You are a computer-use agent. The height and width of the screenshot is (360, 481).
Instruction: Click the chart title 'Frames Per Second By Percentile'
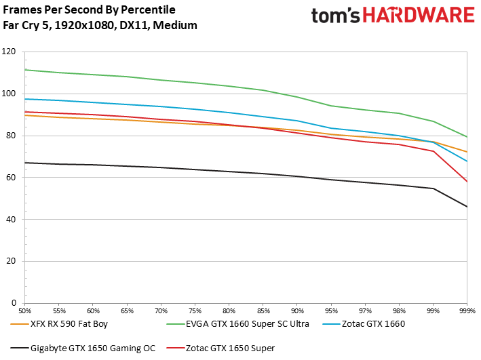[x=90, y=10]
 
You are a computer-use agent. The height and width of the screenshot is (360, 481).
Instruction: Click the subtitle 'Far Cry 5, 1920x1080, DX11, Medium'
[x=100, y=26]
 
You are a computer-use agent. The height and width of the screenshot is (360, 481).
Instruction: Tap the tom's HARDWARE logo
[x=393, y=16]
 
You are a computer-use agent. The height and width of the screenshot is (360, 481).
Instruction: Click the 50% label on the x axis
[x=25, y=310]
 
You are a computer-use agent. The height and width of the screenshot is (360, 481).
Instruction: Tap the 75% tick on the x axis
[x=195, y=310]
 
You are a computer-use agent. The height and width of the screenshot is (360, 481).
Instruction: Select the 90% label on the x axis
[x=296, y=310]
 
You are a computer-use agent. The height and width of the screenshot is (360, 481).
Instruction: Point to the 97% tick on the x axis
[x=364, y=310]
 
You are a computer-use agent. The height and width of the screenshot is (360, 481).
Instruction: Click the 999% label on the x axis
[x=466, y=310]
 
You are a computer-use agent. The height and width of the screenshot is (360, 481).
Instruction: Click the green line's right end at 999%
[x=466, y=137]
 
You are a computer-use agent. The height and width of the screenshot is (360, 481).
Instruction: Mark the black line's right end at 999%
[x=466, y=207]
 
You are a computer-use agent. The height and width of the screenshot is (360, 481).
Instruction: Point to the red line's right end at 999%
[x=466, y=182]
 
